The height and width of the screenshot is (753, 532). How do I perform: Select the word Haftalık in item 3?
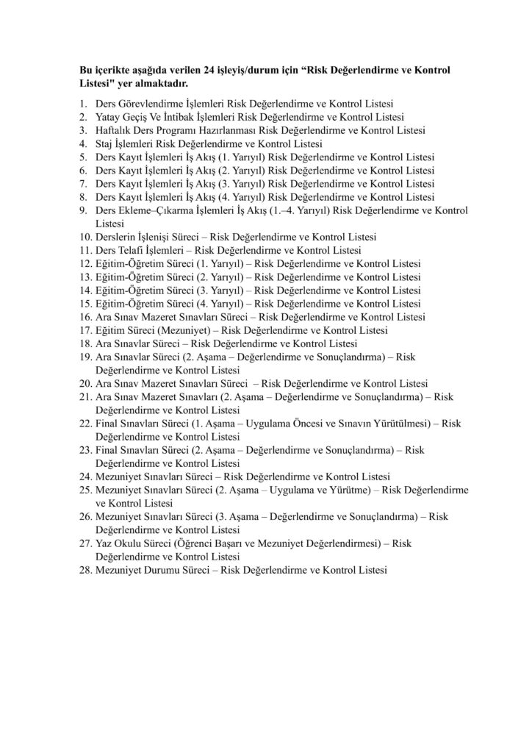pyautogui.click(x=114, y=130)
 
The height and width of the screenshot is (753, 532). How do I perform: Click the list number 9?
pyautogui.click(x=83, y=210)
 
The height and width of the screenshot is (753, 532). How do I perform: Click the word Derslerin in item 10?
pyautogui.click(x=116, y=237)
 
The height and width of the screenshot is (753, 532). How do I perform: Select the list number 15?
pyautogui.click(x=85, y=304)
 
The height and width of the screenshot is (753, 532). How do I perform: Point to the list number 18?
pyautogui.click(x=85, y=343)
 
